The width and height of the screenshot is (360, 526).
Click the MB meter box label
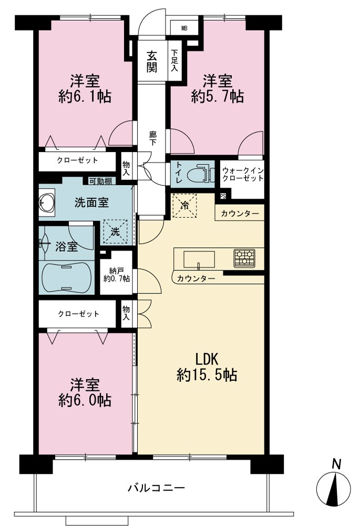(184, 28)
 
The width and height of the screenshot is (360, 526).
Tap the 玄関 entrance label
(152, 62)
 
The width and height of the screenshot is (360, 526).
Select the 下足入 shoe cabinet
(174, 60)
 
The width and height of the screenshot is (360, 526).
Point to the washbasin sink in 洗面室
(47, 203)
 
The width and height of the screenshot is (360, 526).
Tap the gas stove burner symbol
(244, 258)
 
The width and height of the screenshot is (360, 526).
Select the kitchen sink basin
(199, 259)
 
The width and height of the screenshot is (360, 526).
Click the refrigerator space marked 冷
(184, 206)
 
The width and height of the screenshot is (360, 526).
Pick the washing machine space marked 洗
(115, 231)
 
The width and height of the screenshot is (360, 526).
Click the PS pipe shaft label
(223, 196)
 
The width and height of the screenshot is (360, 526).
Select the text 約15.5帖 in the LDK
(207, 375)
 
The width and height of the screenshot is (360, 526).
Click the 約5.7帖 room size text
(217, 97)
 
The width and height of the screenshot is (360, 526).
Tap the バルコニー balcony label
(156, 487)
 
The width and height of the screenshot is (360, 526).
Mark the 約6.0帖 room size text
(85, 400)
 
